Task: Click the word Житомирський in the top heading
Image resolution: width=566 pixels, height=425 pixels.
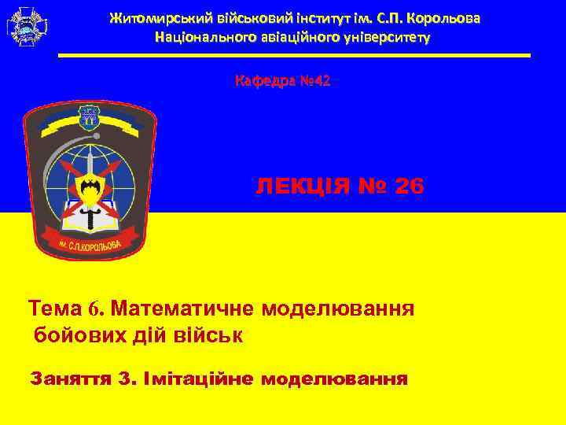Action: [x=155, y=17]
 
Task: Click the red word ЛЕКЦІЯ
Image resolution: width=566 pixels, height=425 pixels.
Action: [x=302, y=186]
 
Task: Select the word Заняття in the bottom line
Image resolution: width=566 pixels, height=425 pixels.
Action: [x=68, y=379]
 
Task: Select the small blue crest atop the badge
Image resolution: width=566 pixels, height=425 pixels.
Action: [x=89, y=118]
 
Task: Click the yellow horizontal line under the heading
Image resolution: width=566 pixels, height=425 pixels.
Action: [x=294, y=55]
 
